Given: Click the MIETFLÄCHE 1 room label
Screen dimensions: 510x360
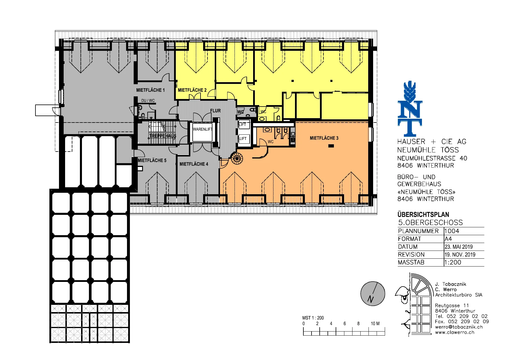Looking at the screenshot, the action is point(151,90).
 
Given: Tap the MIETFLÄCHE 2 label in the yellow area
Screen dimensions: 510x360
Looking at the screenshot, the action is point(192,90).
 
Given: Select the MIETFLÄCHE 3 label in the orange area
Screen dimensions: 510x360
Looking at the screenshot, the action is point(324,138).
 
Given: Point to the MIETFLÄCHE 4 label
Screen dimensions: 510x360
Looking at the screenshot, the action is point(194,164).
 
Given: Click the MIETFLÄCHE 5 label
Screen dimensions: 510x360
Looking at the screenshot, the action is point(152,160).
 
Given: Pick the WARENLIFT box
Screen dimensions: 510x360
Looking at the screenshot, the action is point(203,132).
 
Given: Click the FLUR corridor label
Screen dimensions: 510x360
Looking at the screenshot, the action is point(215,111).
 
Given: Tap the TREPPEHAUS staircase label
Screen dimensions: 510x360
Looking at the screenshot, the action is point(163,136).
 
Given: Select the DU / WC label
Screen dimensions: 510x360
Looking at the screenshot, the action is point(148,101).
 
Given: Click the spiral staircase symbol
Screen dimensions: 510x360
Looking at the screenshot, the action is point(237,159).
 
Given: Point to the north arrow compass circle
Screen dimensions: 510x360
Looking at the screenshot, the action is point(373,294).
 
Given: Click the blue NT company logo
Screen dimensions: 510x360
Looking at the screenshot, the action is point(410,109).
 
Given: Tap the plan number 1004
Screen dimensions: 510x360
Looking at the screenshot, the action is point(452,231).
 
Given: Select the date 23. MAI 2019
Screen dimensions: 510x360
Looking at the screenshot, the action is point(459,247).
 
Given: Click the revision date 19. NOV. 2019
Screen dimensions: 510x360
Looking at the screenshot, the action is point(460,255).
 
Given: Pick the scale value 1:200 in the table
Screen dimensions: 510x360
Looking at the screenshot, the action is point(453,262).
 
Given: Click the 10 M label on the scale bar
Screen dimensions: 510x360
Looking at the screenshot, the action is point(375,323).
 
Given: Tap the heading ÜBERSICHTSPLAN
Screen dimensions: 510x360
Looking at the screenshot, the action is point(423,215).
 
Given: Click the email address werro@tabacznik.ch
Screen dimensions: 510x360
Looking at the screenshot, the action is point(459,327).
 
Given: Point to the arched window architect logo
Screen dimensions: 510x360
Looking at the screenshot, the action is point(414,304).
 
